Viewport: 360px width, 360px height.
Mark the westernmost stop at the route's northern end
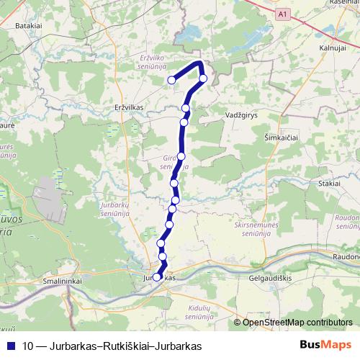pyautogui.click(x=171, y=80)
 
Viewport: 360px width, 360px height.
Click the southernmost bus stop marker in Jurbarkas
pyautogui.click(x=156, y=276)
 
